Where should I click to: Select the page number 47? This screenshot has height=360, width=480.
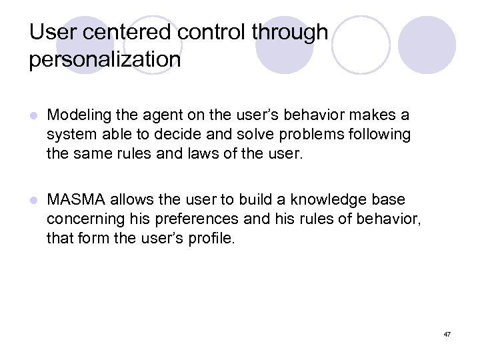447,333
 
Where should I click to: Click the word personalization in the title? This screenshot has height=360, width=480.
105,59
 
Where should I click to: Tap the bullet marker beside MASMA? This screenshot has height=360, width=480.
33,200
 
